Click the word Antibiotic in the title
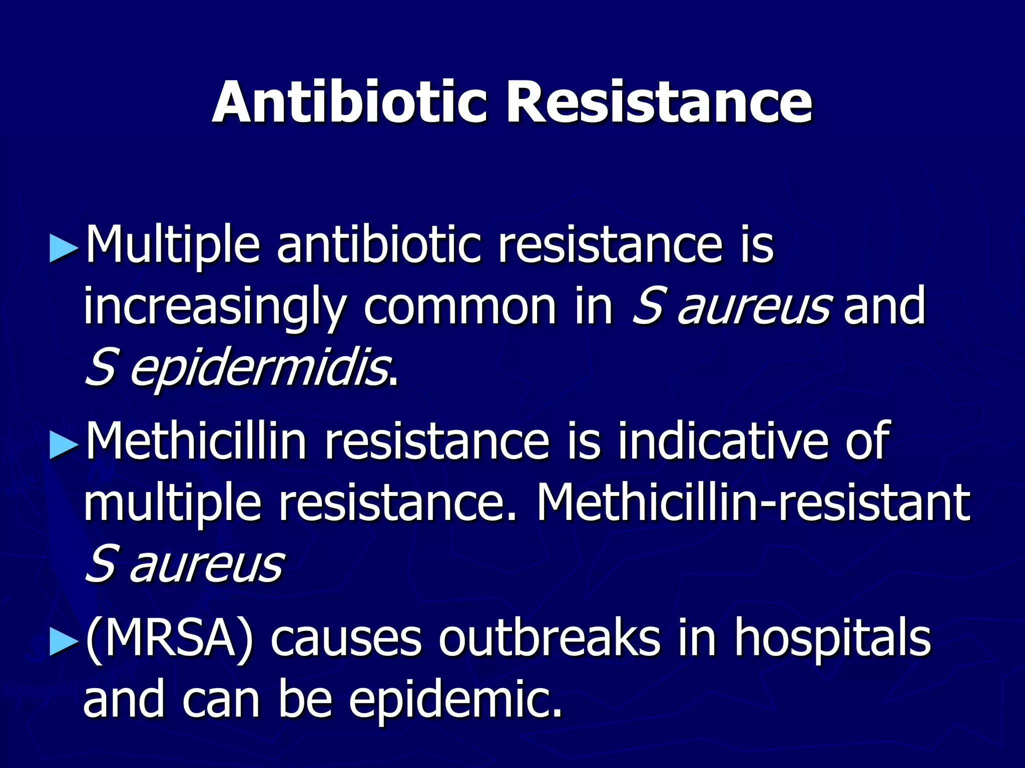click(x=349, y=102)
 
